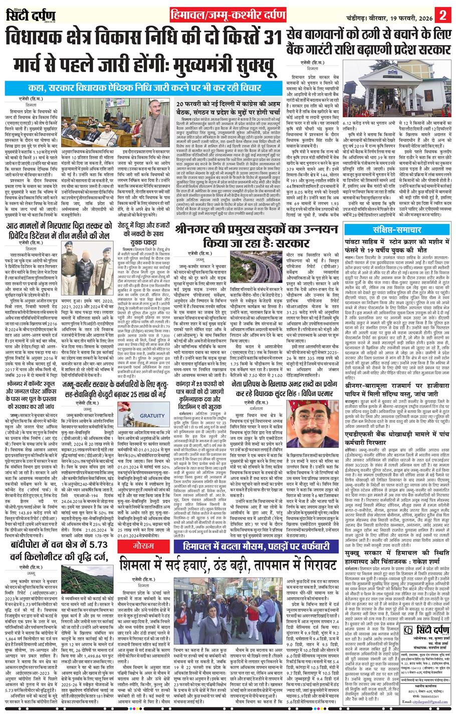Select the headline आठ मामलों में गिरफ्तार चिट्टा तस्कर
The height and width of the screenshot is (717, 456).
59,235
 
